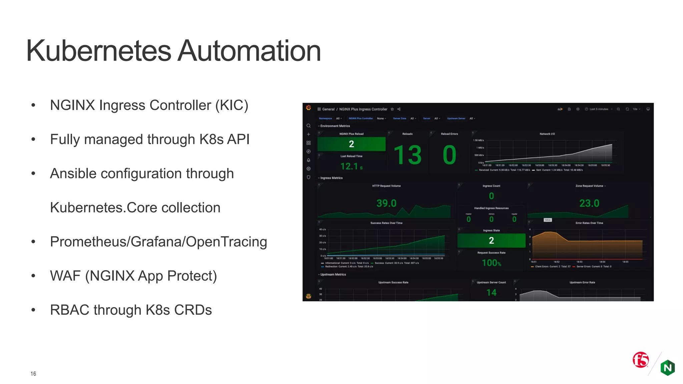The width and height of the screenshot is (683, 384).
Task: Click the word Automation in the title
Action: coord(249,51)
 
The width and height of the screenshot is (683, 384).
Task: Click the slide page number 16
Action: coord(33,374)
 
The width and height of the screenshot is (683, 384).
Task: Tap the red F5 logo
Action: coord(641,360)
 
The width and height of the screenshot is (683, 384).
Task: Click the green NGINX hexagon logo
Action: coord(668,368)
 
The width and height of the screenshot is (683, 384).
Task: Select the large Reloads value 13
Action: coord(408,155)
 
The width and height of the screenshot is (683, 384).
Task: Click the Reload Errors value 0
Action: coord(449,155)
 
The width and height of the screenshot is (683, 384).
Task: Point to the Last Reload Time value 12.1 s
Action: coord(351,166)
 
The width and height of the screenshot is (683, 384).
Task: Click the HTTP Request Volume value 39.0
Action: coord(386,203)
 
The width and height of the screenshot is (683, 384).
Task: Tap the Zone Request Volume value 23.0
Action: coord(589,203)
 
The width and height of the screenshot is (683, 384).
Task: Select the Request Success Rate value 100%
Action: coord(491,263)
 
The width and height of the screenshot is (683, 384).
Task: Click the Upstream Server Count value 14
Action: coord(491,293)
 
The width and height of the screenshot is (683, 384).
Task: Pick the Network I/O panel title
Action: coord(547,134)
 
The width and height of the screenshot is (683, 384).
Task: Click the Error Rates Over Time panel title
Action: coord(589,223)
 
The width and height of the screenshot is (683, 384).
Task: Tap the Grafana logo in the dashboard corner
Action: coord(308,108)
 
